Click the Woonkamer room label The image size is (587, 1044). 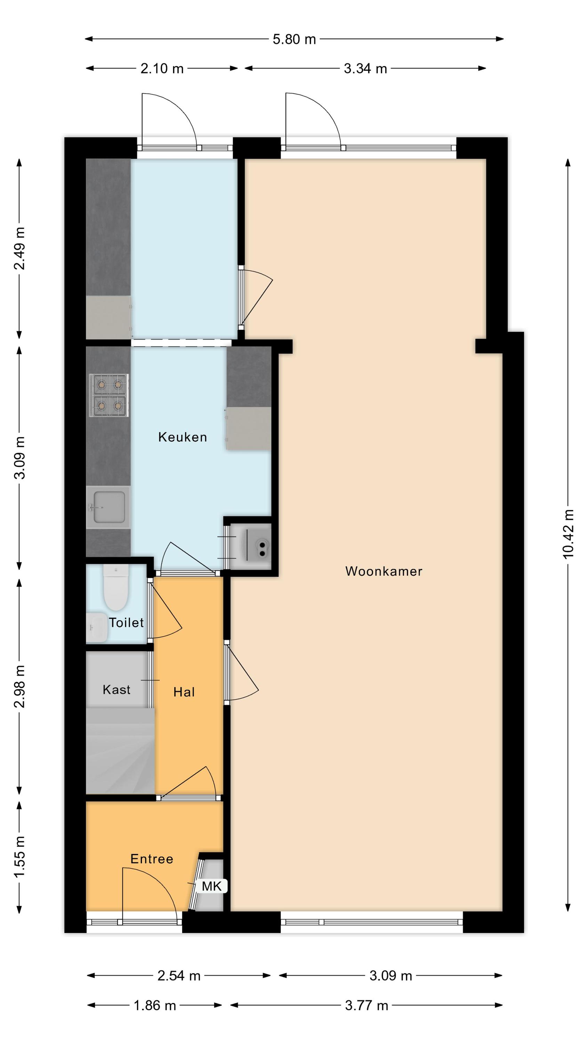tap(383, 571)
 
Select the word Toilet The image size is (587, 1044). tap(126, 623)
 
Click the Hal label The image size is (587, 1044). tap(184, 692)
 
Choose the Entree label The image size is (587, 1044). tap(152, 859)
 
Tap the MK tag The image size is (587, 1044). tap(212, 886)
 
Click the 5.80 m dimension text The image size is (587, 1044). tap(294, 39)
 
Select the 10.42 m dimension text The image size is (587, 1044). tap(568, 534)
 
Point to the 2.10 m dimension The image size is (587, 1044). tap(162, 69)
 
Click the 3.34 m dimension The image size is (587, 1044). tap(365, 69)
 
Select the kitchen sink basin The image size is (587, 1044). tap(108, 507)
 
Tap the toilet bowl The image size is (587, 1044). tap(116, 588)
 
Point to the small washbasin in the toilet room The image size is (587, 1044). tap(96, 627)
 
